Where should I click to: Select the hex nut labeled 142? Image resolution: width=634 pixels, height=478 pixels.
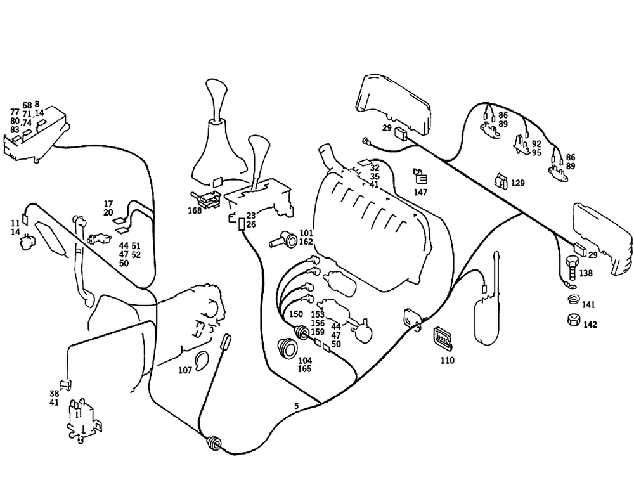tap(572, 321)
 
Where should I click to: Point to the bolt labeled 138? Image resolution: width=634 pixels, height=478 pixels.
tap(571, 269)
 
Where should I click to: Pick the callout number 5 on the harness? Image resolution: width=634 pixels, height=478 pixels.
tap(296, 405)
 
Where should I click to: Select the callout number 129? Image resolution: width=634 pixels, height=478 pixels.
tap(518, 183)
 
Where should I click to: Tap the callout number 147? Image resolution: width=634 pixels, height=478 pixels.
tap(420, 191)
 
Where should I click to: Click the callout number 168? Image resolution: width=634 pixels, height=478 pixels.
tap(194, 210)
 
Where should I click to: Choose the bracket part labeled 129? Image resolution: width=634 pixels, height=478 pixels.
tap(501, 181)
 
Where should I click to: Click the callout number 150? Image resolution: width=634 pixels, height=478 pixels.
tap(296, 314)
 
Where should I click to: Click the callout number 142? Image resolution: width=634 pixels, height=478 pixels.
tap(590, 325)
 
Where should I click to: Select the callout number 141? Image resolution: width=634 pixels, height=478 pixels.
tap(589, 305)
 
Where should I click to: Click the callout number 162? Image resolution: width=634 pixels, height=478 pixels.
tap(306, 242)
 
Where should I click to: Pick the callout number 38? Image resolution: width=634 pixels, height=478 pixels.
tap(54, 393)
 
